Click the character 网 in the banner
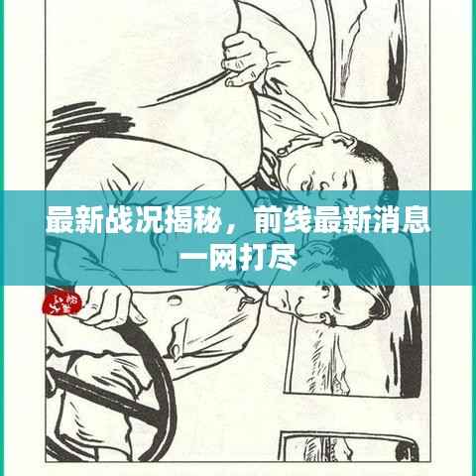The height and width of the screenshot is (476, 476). pyautogui.click(x=221, y=258)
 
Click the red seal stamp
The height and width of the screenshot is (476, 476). pyautogui.click(x=62, y=302)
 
